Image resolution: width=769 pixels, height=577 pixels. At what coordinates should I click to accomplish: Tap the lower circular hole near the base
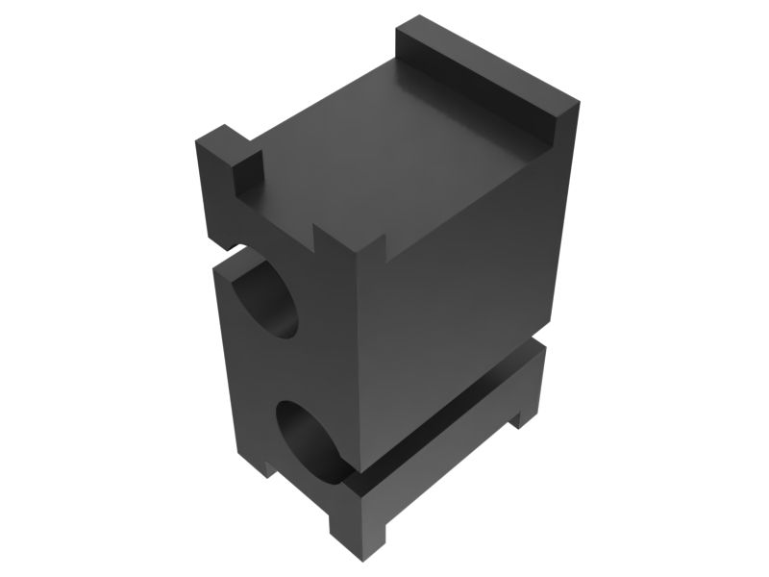pyautogui.click(x=312, y=438)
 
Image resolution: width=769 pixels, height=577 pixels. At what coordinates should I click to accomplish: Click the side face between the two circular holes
pyautogui.click(x=293, y=370)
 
